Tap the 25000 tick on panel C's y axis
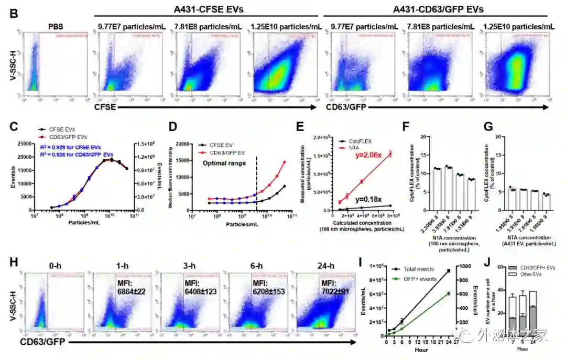[25, 144]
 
